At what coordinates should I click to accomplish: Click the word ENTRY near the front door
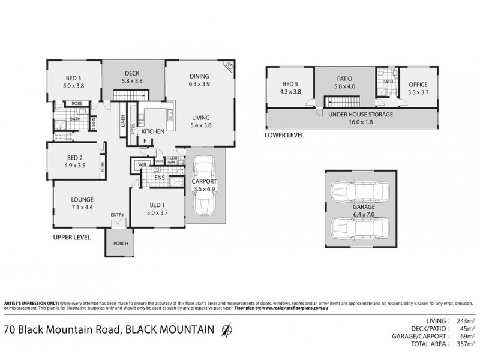tap(118, 215)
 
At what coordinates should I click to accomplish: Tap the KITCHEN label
tap(152, 131)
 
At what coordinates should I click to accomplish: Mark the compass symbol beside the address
tap(226, 329)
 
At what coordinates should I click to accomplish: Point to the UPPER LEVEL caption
tap(71, 238)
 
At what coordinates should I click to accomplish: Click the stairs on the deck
tap(130, 95)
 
